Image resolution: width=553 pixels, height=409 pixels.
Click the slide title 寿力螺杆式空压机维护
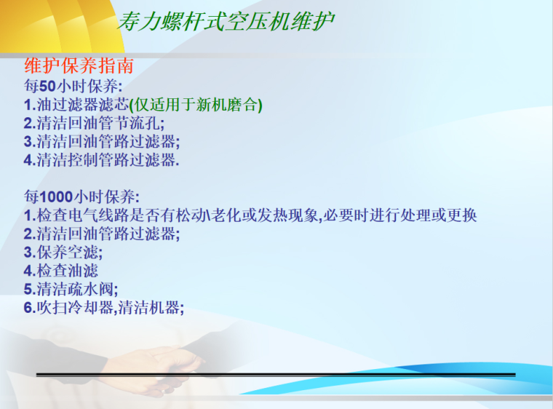pyautogui.click(x=226, y=21)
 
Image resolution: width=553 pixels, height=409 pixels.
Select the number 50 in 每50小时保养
pyautogui.click(x=48, y=87)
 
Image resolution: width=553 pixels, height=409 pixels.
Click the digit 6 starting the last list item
pyautogui.click(x=28, y=308)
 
